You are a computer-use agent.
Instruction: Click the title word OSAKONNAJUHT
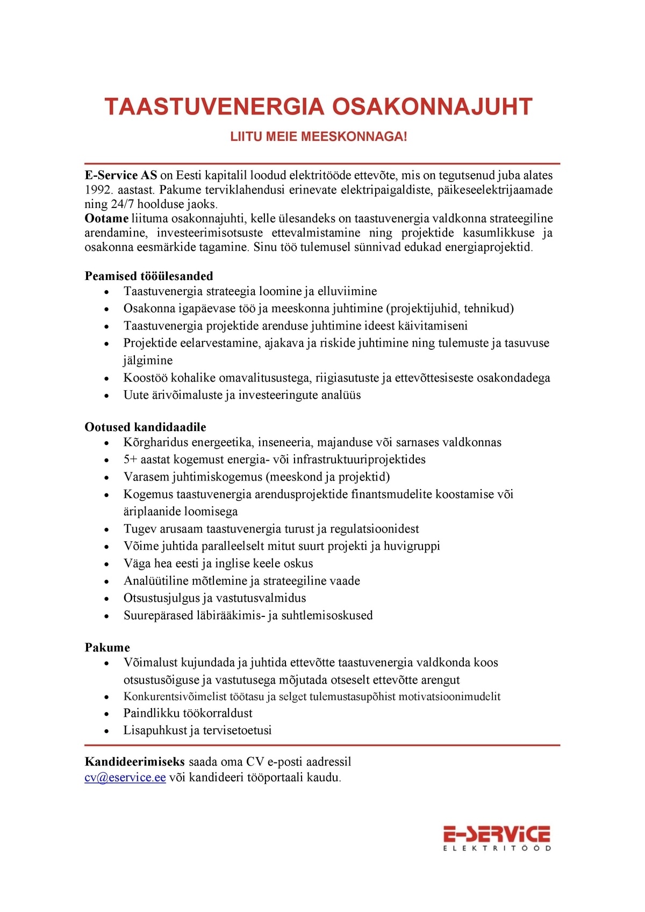tap(431, 107)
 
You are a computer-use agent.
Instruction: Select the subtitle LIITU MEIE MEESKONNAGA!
tap(319, 137)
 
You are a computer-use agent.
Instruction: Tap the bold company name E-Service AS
tap(121, 175)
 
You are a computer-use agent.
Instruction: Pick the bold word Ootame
tap(106, 219)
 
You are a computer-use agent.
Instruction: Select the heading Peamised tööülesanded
tap(149, 276)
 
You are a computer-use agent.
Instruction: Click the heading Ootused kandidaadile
tap(145, 427)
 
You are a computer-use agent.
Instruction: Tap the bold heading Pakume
tap(107, 648)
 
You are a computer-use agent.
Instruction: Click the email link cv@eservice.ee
tap(125, 778)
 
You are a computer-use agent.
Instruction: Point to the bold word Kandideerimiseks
tap(135, 762)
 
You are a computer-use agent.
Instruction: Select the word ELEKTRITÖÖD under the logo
tap(497, 849)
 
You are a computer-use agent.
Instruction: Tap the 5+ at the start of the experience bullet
tap(131, 459)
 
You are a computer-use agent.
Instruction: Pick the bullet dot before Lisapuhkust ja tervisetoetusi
tap(107, 731)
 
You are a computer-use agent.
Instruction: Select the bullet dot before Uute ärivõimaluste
tap(107, 396)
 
